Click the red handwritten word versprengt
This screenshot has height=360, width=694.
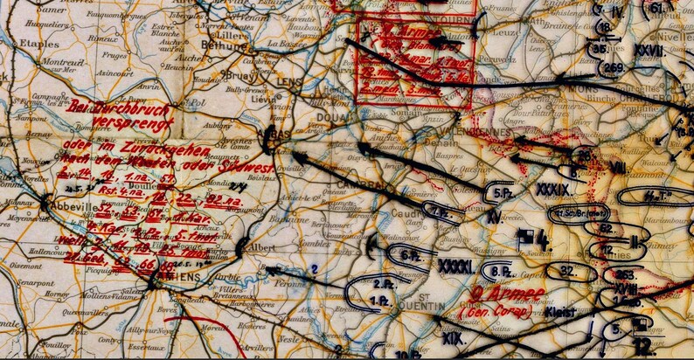[139, 123]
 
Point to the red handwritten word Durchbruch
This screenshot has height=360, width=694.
[140, 107]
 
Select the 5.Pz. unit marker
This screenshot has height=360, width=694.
[502, 192]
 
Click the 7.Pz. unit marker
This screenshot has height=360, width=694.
[436, 209]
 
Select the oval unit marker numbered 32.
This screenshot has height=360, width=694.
[568, 271]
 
